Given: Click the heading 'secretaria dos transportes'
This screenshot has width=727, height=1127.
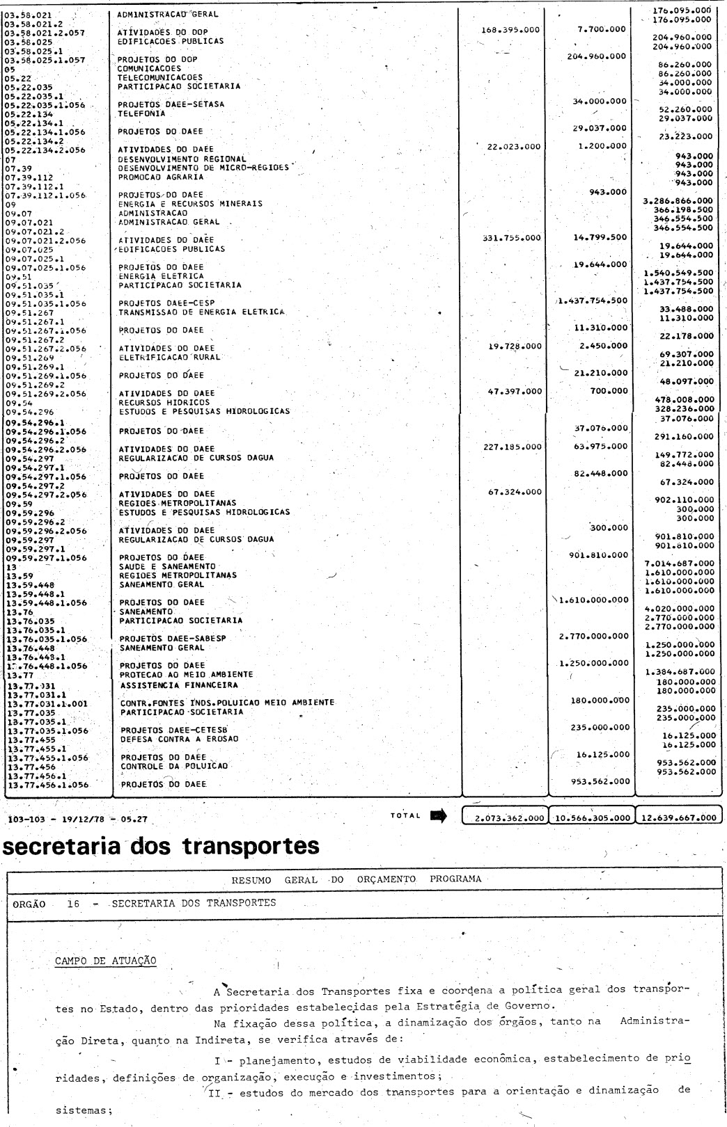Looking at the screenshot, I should tap(162, 845).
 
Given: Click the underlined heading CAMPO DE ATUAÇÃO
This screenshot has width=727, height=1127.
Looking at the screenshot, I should tap(106, 961).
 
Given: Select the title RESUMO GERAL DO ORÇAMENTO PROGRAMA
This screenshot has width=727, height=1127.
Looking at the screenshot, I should tap(356, 879).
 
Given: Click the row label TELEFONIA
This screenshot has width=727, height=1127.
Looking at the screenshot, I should tap(141, 113).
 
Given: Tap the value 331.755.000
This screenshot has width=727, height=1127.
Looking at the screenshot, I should tap(511, 237).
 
